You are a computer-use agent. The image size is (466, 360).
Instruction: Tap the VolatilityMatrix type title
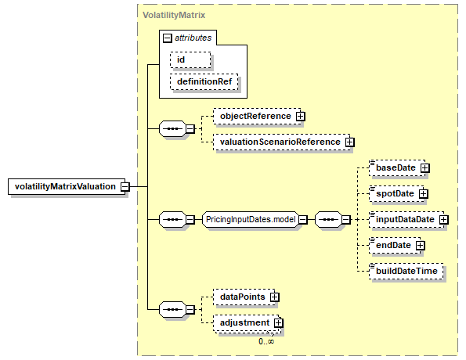point(174,15)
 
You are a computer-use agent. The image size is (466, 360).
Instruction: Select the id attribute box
point(190,59)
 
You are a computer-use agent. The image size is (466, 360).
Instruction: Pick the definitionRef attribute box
point(204,81)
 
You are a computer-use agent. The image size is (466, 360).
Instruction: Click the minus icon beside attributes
point(168,38)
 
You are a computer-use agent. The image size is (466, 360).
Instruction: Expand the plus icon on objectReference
point(301,116)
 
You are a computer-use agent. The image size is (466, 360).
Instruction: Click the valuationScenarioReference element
point(282,142)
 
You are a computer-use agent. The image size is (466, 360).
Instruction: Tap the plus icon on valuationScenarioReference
point(350,142)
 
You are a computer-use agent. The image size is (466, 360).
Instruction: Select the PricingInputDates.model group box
point(251,219)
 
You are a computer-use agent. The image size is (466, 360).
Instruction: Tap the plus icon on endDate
point(421,246)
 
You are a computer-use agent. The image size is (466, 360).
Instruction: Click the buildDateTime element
point(406,272)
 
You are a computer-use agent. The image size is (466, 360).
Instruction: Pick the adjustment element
point(246,323)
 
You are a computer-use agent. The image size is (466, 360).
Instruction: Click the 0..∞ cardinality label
point(266,341)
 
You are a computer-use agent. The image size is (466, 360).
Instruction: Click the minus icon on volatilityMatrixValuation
point(125,186)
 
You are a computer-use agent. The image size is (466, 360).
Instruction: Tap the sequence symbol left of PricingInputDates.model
point(172,219)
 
